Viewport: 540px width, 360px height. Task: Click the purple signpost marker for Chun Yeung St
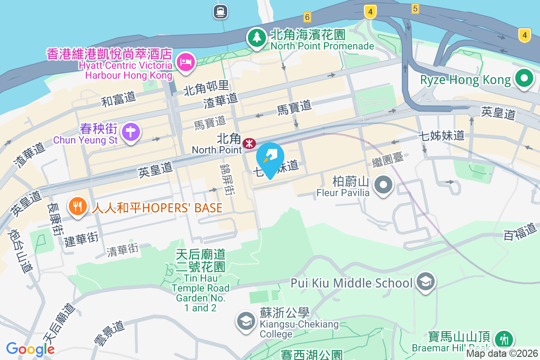pos(131,132)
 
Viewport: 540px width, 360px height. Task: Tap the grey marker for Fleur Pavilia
pos(384,185)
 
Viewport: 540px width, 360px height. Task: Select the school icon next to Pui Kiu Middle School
pos(424,282)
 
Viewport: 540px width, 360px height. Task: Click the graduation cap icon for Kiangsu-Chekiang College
pos(246,321)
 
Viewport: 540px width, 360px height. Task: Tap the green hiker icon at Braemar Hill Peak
pos(504,339)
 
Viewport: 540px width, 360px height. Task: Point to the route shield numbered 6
pos(307,17)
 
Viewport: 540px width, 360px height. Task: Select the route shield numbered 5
pos(415,8)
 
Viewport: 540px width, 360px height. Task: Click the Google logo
pos(30,349)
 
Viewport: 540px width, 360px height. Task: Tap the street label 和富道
pos(118,99)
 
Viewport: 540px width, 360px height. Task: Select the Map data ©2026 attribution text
pos(502,354)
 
